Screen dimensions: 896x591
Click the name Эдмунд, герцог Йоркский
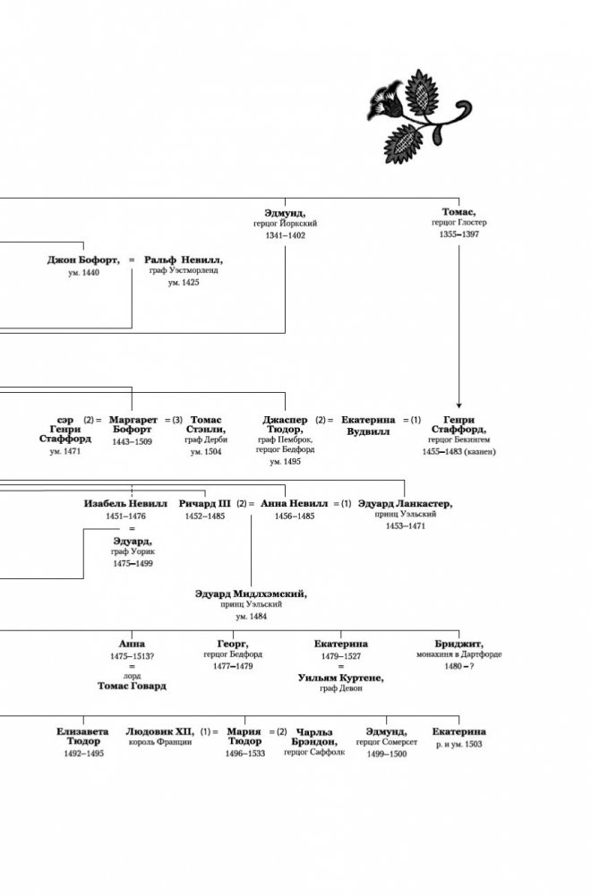pos(286,213)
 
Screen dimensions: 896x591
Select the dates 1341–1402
pos(286,235)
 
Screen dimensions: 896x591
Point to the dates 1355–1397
pos(458,235)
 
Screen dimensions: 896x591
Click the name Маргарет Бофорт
pos(133,424)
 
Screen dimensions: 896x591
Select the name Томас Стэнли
pos(207,424)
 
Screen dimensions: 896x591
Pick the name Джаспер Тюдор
pos(286,424)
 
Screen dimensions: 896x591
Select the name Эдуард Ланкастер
pos(405,505)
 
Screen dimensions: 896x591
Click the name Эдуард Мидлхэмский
pos(252,593)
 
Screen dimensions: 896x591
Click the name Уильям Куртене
pos(340,678)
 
